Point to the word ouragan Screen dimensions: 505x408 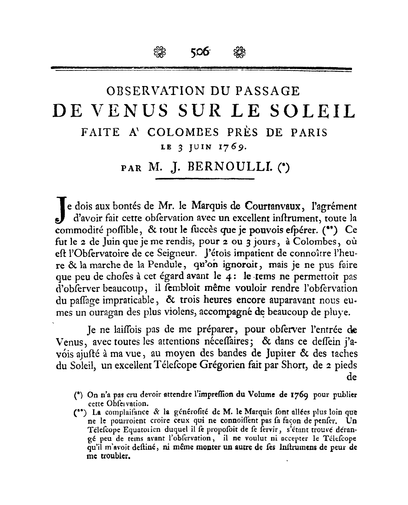(97, 312)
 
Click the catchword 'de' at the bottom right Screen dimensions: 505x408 (351, 378)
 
